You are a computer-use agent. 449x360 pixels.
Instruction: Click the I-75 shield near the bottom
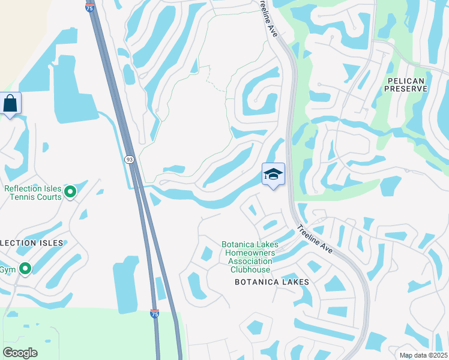[x=154, y=313]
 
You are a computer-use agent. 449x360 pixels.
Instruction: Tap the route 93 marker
[x=129, y=159]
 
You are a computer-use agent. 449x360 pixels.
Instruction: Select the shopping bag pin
[x=11, y=103]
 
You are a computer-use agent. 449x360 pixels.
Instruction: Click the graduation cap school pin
[x=273, y=174]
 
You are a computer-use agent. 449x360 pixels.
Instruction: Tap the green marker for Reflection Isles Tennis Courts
[x=70, y=192]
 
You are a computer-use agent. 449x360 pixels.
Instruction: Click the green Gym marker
[x=25, y=269]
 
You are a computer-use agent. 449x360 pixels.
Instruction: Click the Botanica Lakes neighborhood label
[x=272, y=282]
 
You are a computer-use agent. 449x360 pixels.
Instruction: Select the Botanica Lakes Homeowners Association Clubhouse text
[x=248, y=257]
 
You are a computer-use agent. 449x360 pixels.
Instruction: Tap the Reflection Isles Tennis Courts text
[x=33, y=193]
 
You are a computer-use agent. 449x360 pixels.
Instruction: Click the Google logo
[x=20, y=353]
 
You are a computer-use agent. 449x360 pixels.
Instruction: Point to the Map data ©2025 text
[x=423, y=355]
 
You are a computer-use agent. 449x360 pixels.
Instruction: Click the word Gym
[x=7, y=269]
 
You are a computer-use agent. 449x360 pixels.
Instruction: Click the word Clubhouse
[x=248, y=269]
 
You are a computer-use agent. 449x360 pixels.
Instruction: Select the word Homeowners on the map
[x=248, y=253]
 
